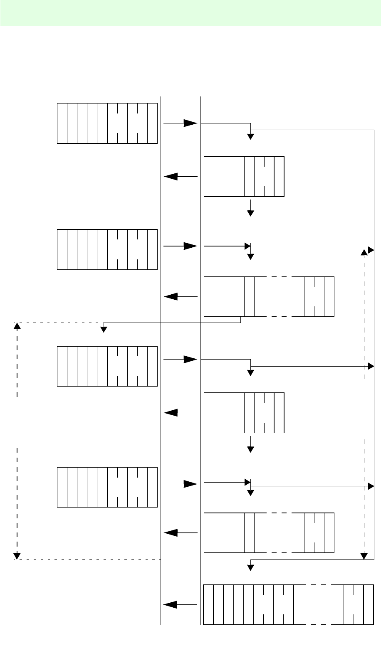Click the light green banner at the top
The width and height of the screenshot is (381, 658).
pos(190,13)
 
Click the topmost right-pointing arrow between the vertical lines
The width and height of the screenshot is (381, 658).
pos(181,123)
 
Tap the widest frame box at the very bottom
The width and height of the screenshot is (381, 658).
pos(288,604)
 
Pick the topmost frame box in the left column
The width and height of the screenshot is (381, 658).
pos(107,123)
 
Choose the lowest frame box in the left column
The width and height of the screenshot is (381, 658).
pos(107,487)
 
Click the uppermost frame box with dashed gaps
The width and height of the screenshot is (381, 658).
pos(269,296)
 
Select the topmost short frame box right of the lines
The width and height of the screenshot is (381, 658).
pos(244,176)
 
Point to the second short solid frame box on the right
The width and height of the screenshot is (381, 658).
pos(244,413)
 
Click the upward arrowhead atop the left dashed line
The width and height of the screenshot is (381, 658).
pos(17,326)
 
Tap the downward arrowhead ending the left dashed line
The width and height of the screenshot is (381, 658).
pos(17,555)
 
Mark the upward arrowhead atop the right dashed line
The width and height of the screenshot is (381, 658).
pos(364,252)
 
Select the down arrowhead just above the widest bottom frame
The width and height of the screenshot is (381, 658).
pos(250,567)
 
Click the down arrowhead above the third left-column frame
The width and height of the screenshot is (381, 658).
pos(104,329)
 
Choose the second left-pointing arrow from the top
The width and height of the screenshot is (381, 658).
pos(181,297)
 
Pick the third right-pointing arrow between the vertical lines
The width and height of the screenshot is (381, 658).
pos(181,360)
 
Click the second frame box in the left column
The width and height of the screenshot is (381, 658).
pos(107,249)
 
